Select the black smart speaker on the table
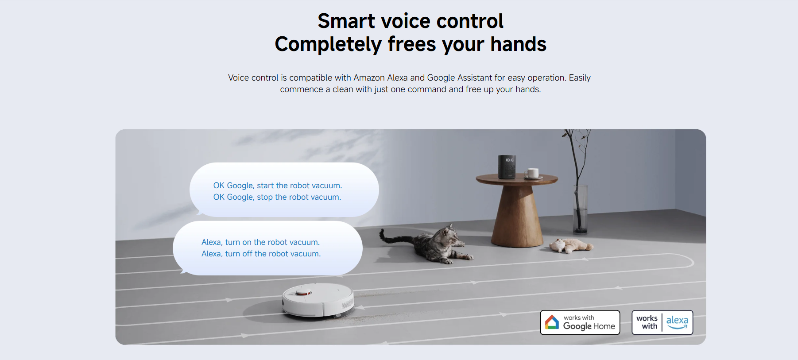click(x=507, y=167)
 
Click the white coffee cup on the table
click(x=532, y=173)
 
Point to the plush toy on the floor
click(x=571, y=245)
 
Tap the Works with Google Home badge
click(x=580, y=322)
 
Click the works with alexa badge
click(x=662, y=322)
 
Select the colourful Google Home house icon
click(x=552, y=322)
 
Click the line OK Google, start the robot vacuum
click(x=278, y=186)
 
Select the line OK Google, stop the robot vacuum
click(x=277, y=197)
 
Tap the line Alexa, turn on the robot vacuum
click(x=260, y=242)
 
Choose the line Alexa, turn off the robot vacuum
click(x=261, y=254)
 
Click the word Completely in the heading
click(x=328, y=44)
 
